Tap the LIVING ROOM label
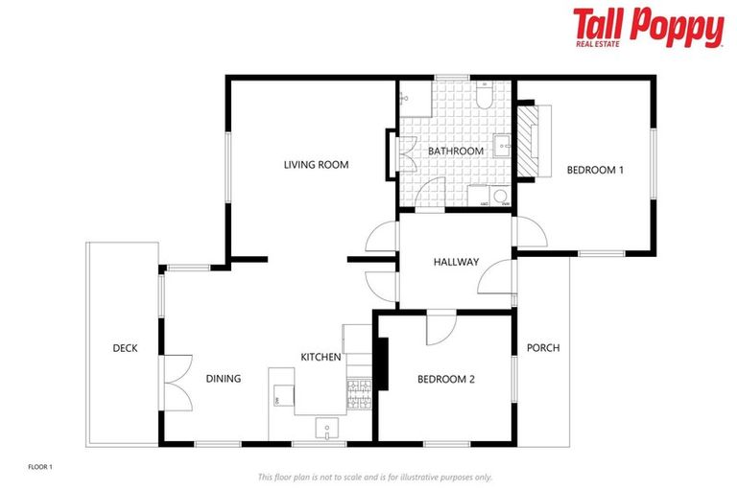pos(316,165)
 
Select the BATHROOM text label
pos(455,152)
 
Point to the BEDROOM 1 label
pos(595,170)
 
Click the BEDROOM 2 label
pos(445,379)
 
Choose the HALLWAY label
pos(456,262)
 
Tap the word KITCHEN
pos(321,357)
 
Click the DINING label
pos(223,379)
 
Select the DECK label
pos(125,348)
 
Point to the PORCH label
pos(543,347)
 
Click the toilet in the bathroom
pos(486,98)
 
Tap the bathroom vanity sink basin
pos(501,147)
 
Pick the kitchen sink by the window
pos(327,429)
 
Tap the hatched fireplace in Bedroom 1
pos(528,140)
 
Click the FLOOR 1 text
pos(39,467)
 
